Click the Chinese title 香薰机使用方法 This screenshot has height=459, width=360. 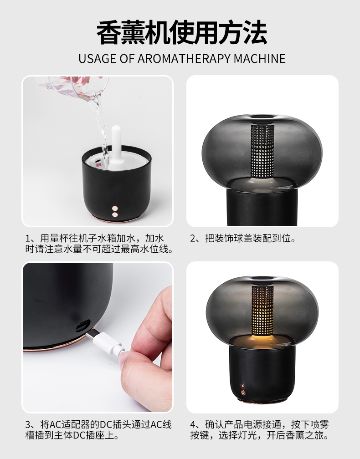point(182,32)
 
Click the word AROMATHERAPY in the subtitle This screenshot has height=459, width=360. point(184,59)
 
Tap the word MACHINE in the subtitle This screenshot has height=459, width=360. point(260,59)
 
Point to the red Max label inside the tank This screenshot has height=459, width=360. point(99,165)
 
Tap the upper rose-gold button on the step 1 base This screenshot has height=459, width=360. point(115,209)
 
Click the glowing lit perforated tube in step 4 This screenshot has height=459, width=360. point(262,311)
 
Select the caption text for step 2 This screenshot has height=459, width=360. point(243,239)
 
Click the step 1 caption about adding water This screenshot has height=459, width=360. point(99,244)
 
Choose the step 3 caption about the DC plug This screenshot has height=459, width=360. point(98,430)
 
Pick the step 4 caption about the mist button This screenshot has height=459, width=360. point(260,430)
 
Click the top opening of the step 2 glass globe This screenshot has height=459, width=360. point(262,117)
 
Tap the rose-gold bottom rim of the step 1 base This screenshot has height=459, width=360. point(115,219)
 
